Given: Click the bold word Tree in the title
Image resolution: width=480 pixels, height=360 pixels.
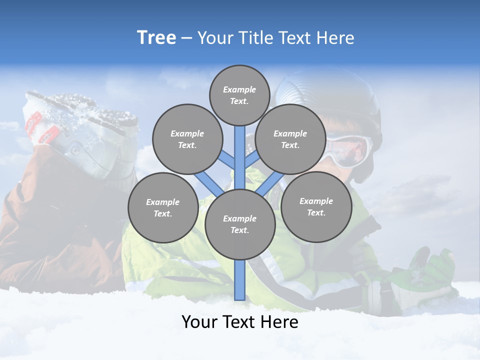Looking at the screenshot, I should pyautogui.click(x=156, y=38).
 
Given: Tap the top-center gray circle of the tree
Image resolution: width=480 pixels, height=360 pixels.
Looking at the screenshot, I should pyautogui.click(x=239, y=95).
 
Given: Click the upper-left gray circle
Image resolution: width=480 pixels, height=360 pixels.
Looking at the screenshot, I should pyautogui.click(x=187, y=139).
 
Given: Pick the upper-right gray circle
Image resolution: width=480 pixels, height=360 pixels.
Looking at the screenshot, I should pyautogui.click(x=290, y=139).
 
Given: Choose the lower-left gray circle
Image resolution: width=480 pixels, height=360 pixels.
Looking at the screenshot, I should pyautogui.click(x=162, y=207).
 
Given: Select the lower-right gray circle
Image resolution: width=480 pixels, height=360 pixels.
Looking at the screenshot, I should pyautogui.click(x=316, y=206).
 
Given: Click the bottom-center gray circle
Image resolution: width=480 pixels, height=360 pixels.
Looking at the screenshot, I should pyautogui.click(x=239, y=224).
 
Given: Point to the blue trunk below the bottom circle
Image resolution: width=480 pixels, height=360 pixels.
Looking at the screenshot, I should pyautogui.click(x=239, y=280).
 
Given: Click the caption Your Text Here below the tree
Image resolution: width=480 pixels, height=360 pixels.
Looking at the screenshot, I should pyautogui.click(x=239, y=321).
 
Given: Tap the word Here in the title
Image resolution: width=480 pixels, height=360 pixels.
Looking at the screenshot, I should pyautogui.click(x=335, y=38).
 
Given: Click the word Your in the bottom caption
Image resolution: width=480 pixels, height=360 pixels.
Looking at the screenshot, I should pyautogui.click(x=199, y=321).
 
